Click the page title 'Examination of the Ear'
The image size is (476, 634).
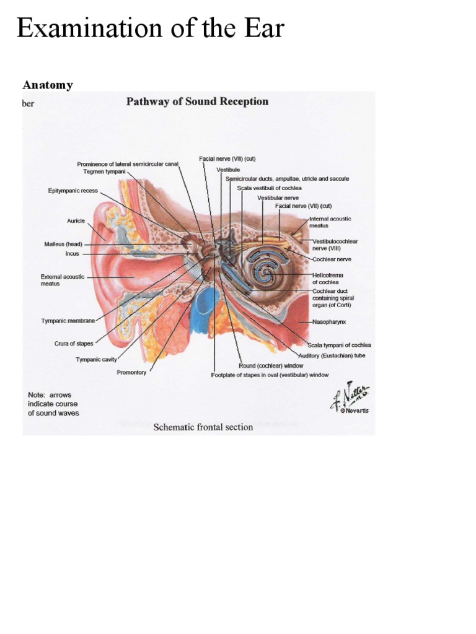tap(150, 28)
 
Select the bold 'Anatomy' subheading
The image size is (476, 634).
tap(48, 85)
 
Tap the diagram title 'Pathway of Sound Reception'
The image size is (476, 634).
tap(197, 102)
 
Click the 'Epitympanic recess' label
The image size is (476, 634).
tap(73, 191)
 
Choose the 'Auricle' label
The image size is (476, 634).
tap(76, 220)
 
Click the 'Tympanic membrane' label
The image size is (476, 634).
tap(68, 321)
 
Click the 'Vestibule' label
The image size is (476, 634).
tap(228, 169)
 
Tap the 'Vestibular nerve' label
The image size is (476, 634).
tap(278, 198)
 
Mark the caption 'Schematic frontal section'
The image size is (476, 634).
tap(203, 427)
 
